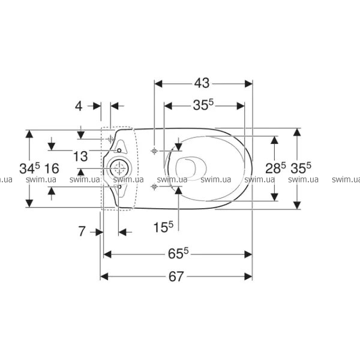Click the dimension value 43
point(202,83)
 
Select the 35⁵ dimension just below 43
point(203,105)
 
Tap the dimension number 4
point(79,106)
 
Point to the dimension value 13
point(80,156)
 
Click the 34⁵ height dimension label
point(29,168)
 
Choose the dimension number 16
point(52,168)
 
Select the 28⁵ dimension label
point(275,168)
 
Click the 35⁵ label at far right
point(301,168)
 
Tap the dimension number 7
point(82,231)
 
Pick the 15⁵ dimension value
point(163,227)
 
